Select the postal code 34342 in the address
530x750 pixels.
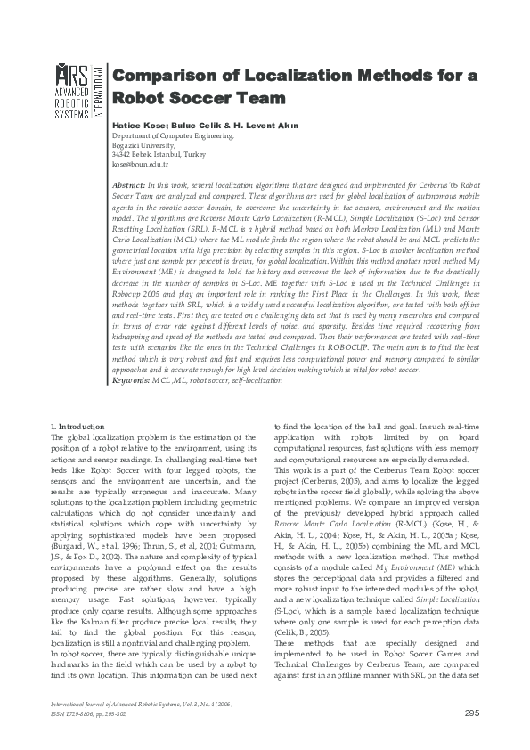click(x=122, y=155)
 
